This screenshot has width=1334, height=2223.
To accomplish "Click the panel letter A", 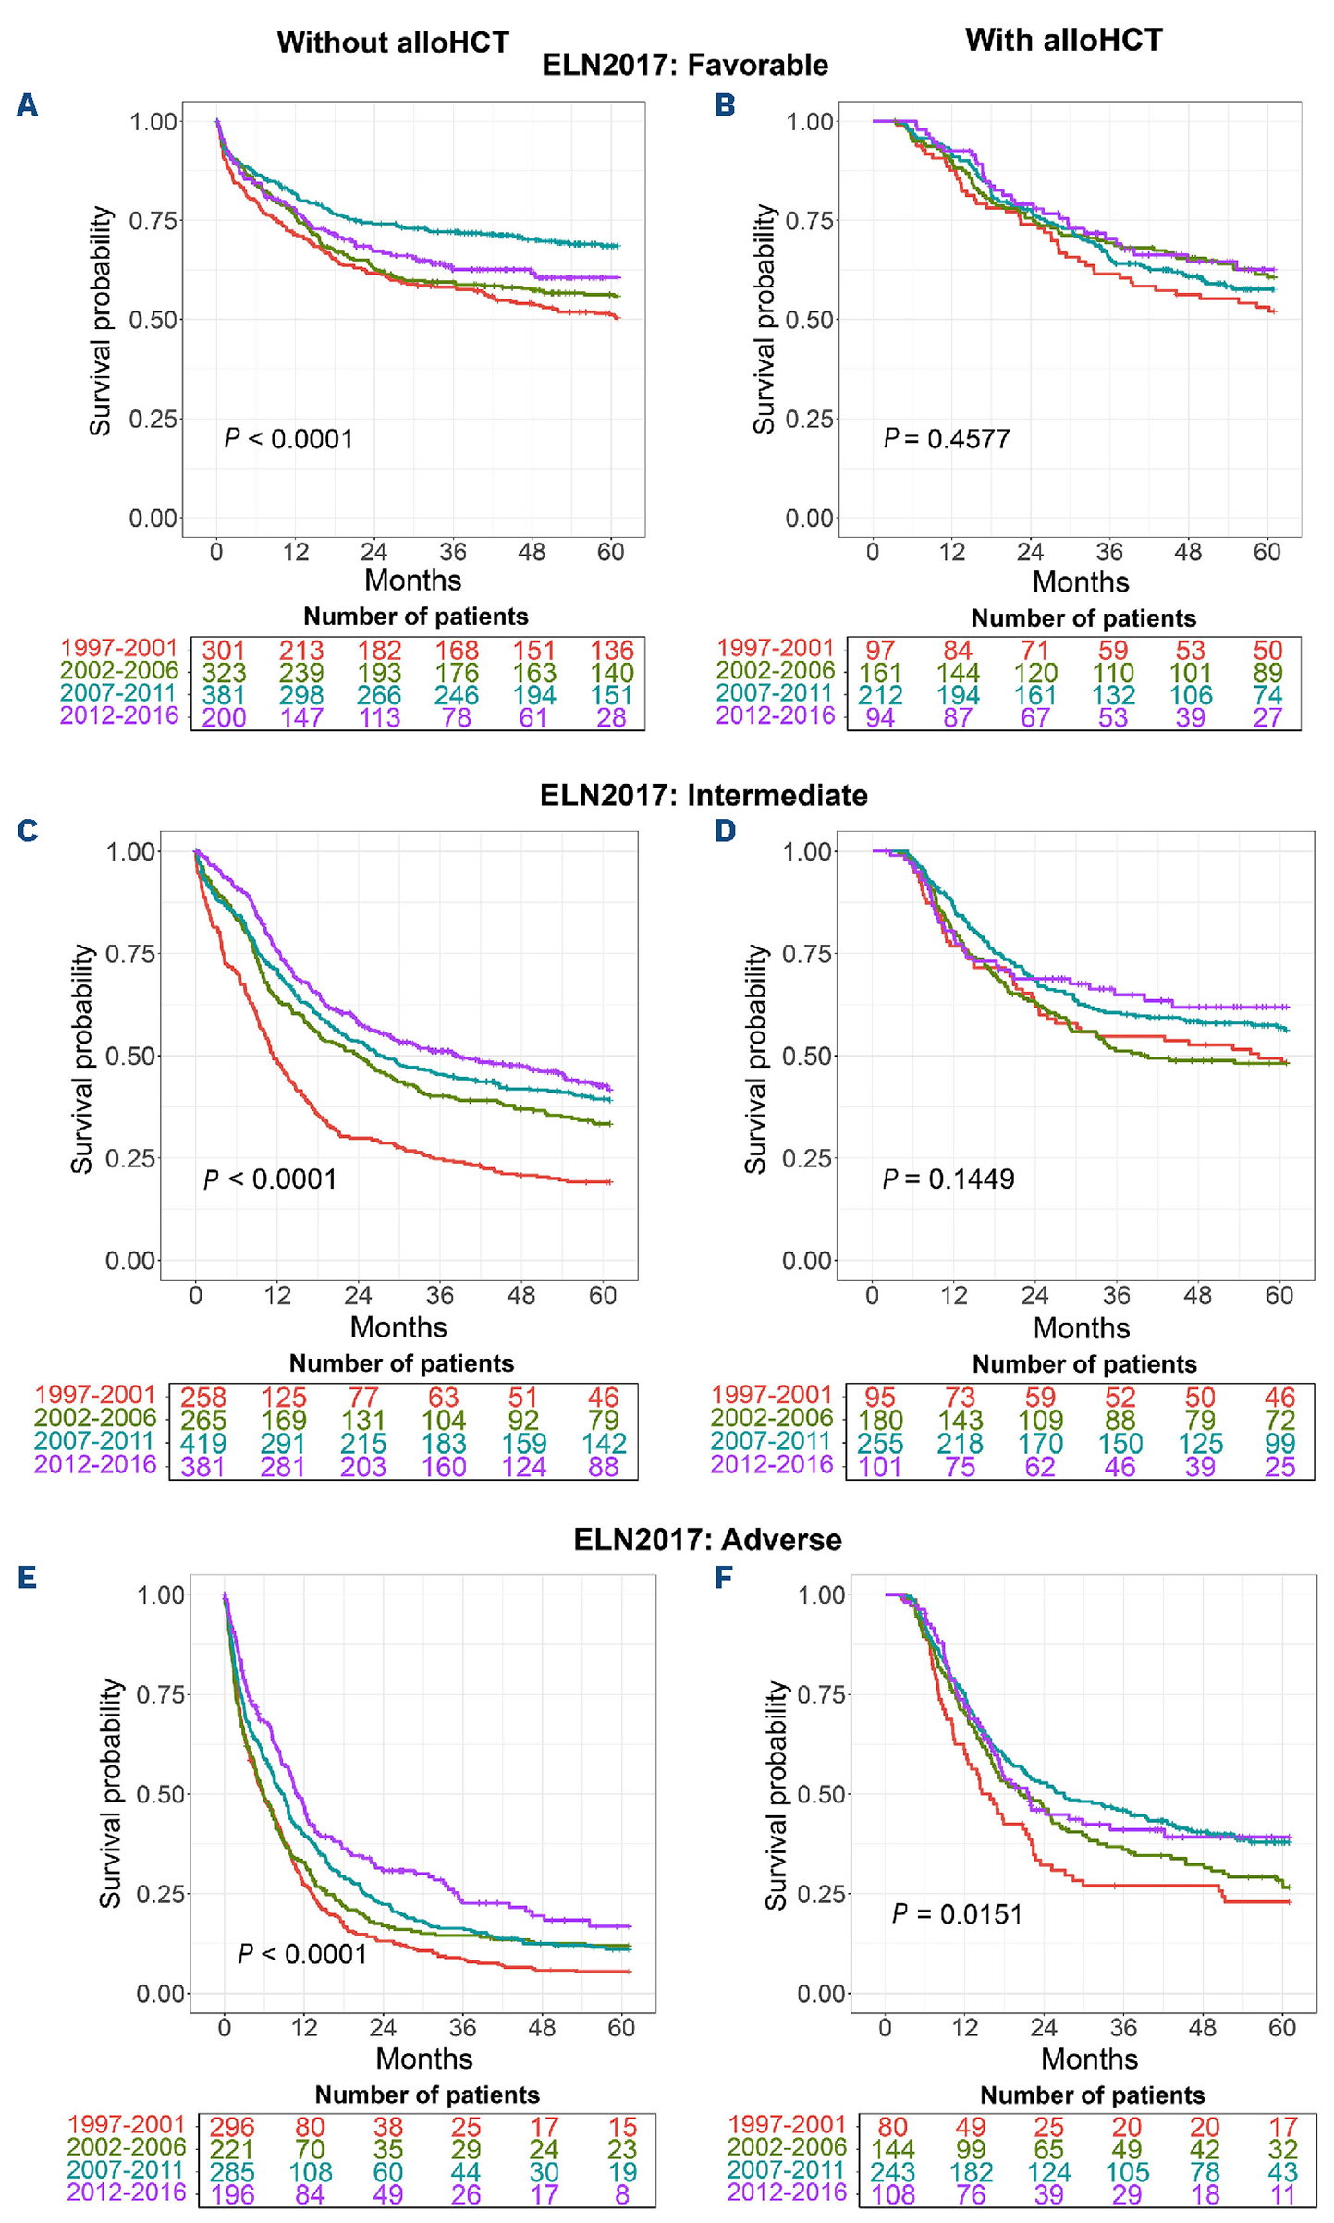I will pyautogui.click(x=28, y=105).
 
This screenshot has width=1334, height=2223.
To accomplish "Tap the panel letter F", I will pyautogui.click(x=724, y=1576).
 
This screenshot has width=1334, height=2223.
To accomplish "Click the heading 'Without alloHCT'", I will pyautogui.click(x=393, y=43).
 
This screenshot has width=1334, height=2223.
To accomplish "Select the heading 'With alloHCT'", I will pyautogui.click(x=1063, y=40).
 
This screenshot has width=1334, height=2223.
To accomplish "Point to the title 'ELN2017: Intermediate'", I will pyautogui.click(x=704, y=795).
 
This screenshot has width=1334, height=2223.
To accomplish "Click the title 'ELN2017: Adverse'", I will pyautogui.click(x=707, y=1539).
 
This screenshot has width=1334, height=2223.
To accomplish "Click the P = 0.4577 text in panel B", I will pyautogui.click(x=947, y=438).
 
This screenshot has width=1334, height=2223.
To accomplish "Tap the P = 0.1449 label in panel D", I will pyautogui.click(x=948, y=1179).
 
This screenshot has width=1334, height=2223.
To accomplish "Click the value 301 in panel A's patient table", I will pyautogui.click(x=224, y=651).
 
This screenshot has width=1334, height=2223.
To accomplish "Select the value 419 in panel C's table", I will pyautogui.click(x=202, y=1443).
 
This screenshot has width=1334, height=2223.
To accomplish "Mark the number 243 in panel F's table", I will pyautogui.click(x=893, y=2172).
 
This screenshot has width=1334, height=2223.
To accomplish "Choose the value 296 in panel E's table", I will pyautogui.click(x=232, y=2128).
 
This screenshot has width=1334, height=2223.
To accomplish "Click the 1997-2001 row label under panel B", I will pyautogui.click(x=775, y=648).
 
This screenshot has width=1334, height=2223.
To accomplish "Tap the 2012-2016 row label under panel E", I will pyautogui.click(x=127, y=2192).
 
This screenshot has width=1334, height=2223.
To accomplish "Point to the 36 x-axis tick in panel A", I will pyautogui.click(x=453, y=552).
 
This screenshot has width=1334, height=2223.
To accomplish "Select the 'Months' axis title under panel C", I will pyautogui.click(x=398, y=1326).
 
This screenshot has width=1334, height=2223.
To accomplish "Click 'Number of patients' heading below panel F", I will pyautogui.click(x=1092, y=2095).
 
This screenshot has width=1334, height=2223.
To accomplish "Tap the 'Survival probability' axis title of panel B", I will pyautogui.click(x=764, y=319).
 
